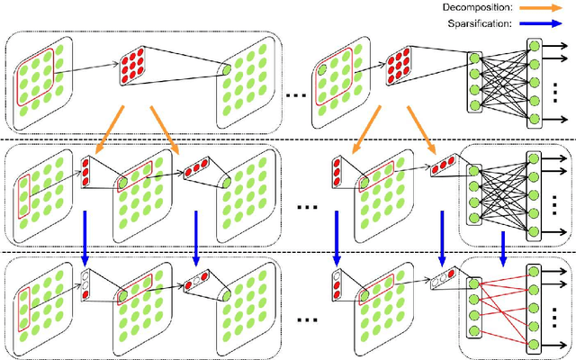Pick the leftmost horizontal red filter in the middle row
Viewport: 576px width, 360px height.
click(196, 169)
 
